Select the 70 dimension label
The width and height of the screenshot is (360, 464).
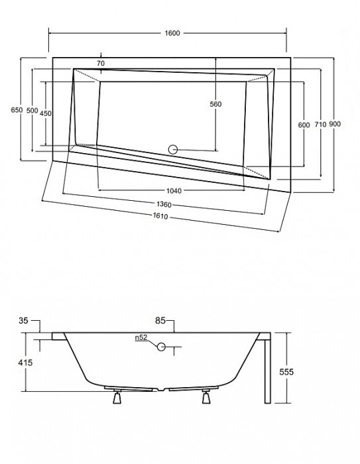click(x=100, y=63)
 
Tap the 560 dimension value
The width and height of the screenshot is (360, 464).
click(x=215, y=104)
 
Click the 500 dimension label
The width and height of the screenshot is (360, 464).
click(x=32, y=110)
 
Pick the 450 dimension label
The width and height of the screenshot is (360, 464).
click(x=46, y=113)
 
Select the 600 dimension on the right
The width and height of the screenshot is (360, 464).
click(x=304, y=125)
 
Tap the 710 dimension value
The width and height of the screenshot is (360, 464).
click(x=320, y=125)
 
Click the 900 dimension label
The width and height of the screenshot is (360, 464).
click(x=335, y=125)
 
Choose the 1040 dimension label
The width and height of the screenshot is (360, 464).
click(x=174, y=191)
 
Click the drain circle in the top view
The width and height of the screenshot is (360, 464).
click(x=174, y=150)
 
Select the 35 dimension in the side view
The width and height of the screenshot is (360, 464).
click(x=25, y=321)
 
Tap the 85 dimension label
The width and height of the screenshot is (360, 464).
click(x=160, y=321)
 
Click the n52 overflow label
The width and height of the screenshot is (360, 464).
click(x=141, y=338)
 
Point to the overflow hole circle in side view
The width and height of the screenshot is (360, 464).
click(x=161, y=346)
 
